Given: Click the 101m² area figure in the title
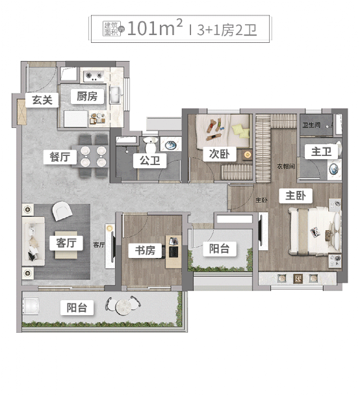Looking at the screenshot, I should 155,29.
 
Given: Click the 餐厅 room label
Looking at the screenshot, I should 60,157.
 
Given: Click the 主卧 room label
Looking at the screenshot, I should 296,196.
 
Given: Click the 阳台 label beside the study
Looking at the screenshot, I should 218,248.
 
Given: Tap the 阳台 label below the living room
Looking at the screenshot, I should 77,308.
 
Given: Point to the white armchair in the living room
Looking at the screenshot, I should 63,209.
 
